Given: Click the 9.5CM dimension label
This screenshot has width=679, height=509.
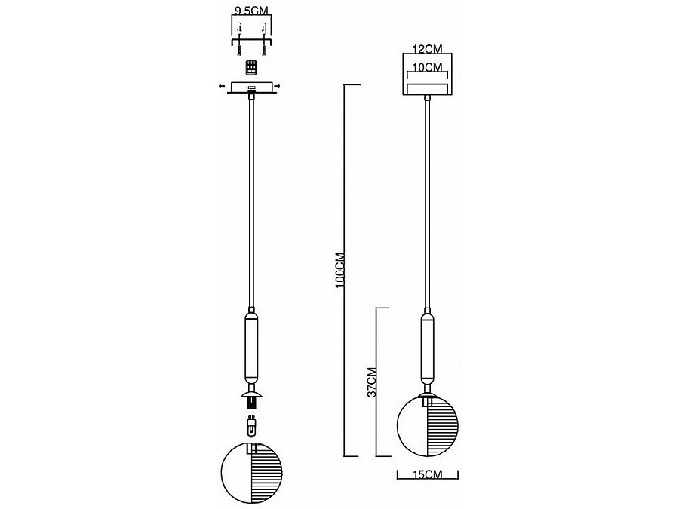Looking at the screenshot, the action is point(251,10).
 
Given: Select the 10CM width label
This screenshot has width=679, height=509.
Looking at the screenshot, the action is point(428,67).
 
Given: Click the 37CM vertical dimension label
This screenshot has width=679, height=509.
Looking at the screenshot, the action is point(371,382).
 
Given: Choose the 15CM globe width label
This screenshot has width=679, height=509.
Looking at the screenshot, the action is point(428,474).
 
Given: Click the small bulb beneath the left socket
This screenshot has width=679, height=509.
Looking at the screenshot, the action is point(251,426).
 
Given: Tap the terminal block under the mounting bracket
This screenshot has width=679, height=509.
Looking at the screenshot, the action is point(251,68).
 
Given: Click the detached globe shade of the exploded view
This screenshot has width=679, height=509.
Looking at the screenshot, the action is point(251,472).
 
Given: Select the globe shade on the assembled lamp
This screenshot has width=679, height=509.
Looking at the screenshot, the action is point(428,426).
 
